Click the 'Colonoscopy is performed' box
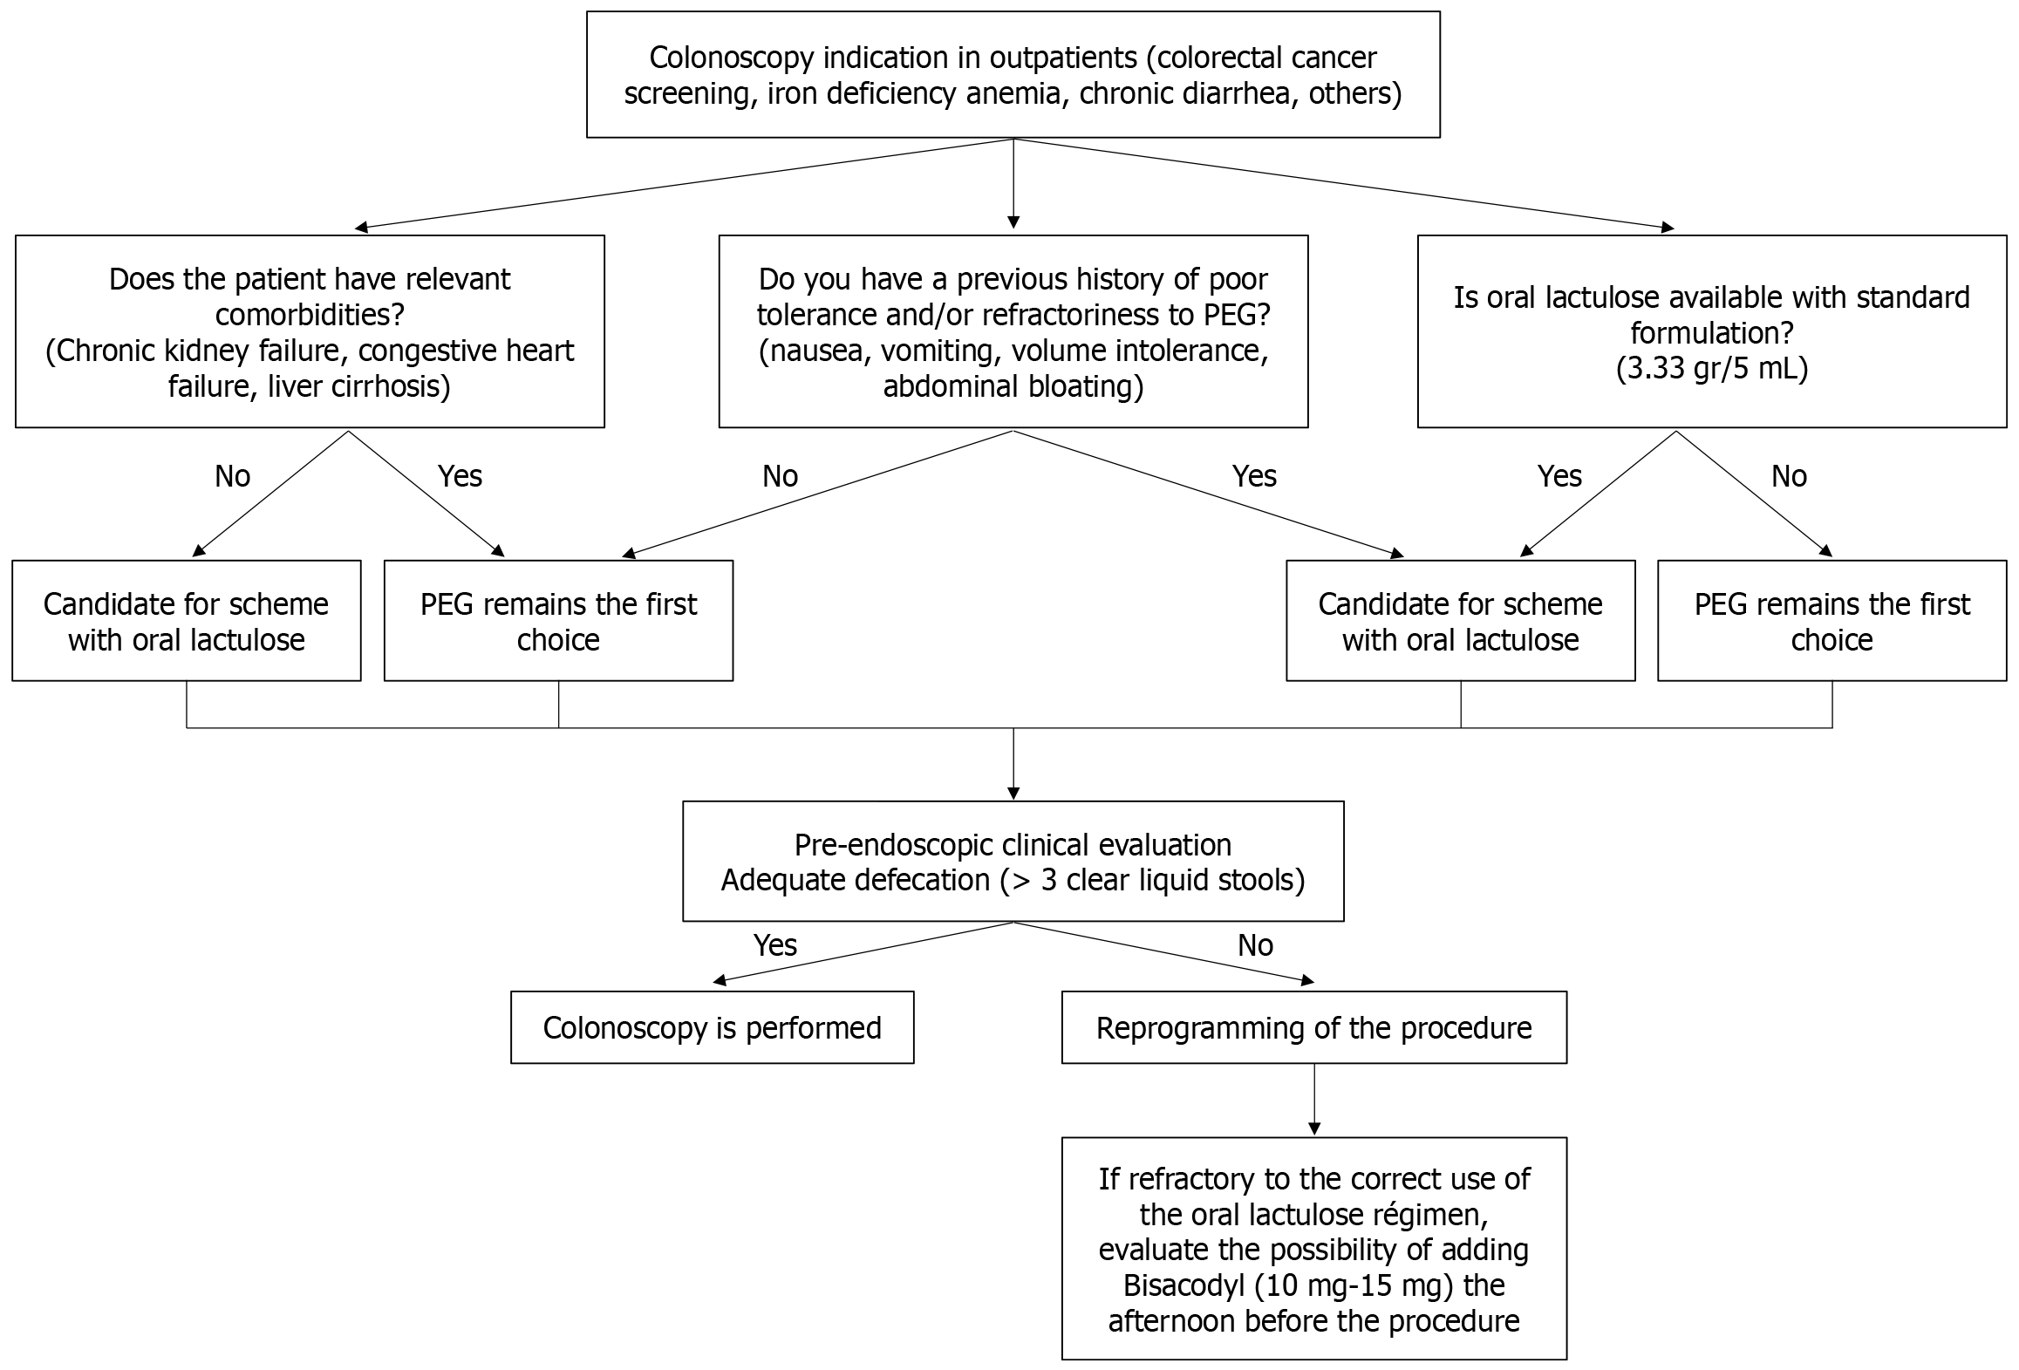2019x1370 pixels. tap(712, 1027)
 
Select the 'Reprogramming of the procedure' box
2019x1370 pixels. tap(1313, 1027)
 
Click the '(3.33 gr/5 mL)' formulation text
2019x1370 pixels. tap(1712, 369)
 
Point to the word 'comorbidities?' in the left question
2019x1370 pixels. tap(310, 315)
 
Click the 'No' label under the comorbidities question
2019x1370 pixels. tap(232, 476)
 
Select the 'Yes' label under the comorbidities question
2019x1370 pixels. tap(460, 476)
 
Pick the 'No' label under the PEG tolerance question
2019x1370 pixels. tap(780, 476)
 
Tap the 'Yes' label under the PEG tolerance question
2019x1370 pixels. tap(1254, 476)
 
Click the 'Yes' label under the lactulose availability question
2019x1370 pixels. tap(1559, 476)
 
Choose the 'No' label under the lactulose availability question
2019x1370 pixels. tap(1789, 476)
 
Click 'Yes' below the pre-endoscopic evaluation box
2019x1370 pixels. tap(774, 945)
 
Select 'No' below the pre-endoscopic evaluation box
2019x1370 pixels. tap(1255, 945)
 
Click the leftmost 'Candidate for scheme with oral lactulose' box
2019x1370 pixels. tap(187, 621)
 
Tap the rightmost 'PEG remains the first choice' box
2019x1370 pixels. tap(1831, 621)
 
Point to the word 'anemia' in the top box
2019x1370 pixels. tap(1013, 93)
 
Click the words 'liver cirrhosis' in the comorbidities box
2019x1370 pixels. tap(359, 386)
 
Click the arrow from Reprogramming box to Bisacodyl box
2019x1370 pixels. tap(1314, 1101)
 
